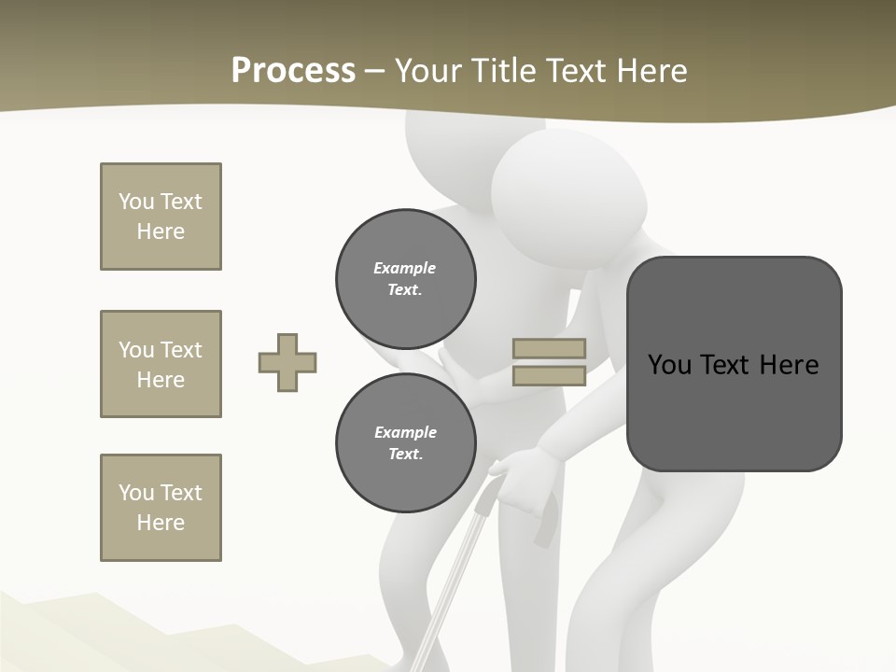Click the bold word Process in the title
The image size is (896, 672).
[293, 71]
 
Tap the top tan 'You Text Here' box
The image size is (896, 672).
[161, 217]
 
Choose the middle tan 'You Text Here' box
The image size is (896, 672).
[161, 364]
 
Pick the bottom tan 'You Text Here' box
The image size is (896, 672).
[161, 508]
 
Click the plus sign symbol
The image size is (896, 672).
[287, 362]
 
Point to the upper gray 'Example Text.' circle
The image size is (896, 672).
[405, 279]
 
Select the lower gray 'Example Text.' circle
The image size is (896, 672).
[405, 443]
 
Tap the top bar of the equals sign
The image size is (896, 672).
[549, 348]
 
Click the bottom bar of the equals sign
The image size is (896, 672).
[549, 375]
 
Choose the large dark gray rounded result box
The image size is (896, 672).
[734, 364]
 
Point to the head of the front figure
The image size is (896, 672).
[567, 187]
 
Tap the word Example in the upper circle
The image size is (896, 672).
[405, 268]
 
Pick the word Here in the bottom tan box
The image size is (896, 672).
[161, 523]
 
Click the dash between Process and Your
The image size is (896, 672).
[374, 71]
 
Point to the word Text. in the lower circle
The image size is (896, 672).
[405, 455]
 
